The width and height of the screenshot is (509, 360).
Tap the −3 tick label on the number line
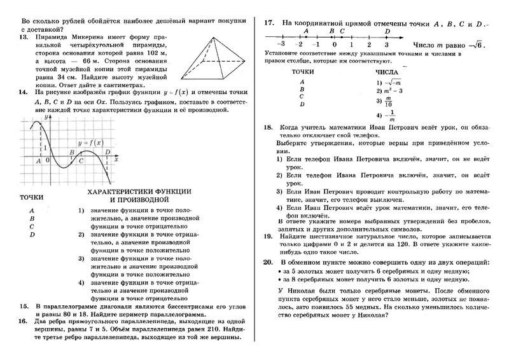point(280,45)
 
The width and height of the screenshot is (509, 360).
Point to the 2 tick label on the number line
point(369,45)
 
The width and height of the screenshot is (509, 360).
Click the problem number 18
point(268,128)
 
